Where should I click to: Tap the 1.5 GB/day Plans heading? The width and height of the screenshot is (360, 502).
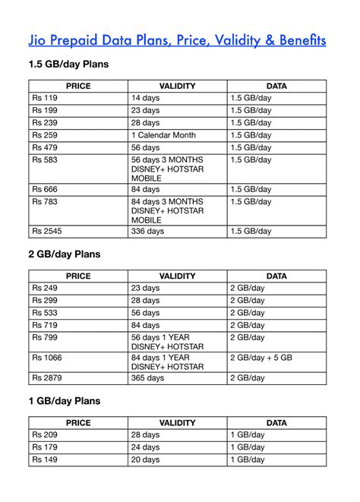coord(68,65)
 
